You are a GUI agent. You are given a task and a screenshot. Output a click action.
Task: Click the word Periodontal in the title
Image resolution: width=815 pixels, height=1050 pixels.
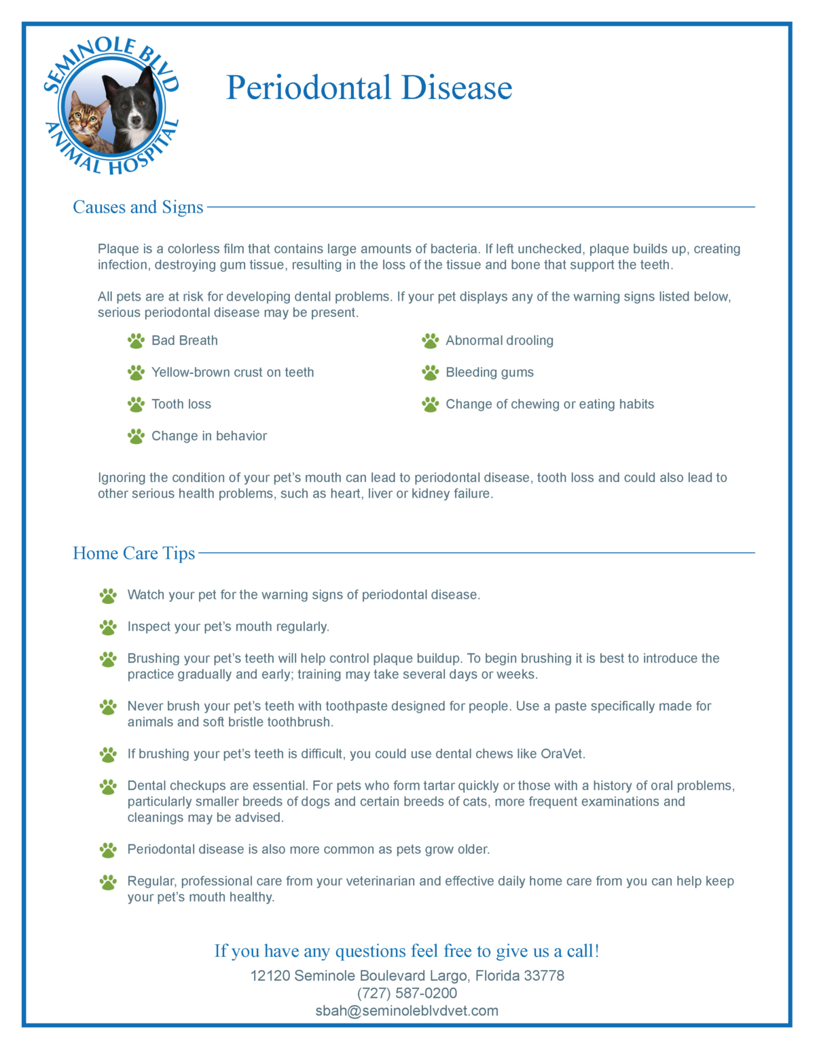pyautogui.click(x=308, y=88)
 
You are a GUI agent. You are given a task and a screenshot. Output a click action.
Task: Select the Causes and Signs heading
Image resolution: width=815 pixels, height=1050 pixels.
pyautogui.click(x=138, y=207)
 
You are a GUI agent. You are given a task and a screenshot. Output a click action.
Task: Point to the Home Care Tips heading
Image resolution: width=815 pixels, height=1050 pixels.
pyautogui.click(x=134, y=553)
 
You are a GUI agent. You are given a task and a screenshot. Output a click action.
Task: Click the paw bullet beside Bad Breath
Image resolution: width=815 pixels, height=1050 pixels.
pyautogui.click(x=136, y=341)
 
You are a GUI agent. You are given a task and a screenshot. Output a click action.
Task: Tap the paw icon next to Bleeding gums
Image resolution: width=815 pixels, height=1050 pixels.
pyautogui.click(x=430, y=373)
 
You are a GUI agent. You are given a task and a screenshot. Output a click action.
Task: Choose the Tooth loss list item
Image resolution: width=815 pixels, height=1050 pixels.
pyautogui.click(x=181, y=405)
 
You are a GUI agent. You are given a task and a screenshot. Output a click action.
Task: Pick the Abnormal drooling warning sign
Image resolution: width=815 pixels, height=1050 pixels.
pyautogui.click(x=499, y=341)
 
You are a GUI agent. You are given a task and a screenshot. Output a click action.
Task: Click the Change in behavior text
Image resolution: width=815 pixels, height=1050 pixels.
pyautogui.click(x=209, y=436)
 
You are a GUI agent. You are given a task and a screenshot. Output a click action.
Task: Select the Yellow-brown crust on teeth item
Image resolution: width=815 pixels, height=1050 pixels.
pyautogui.click(x=232, y=373)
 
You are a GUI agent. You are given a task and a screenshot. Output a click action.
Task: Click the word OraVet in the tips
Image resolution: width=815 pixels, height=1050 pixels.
pyautogui.click(x=562, y=754)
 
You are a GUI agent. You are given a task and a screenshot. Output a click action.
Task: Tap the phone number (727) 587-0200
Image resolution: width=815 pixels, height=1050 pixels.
pyautogui.click(x=407, y=993)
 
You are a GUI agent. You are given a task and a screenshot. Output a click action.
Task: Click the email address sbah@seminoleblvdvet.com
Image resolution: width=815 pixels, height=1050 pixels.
pyautogui.click(x=407, y=1011)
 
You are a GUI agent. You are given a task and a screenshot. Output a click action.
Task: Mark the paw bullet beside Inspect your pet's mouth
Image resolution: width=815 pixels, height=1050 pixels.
pyautogui.click(x=108, y=627)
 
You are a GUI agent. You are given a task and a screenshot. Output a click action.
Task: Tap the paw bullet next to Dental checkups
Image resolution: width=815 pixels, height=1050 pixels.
pyautogui.click(x=108, y=787)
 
